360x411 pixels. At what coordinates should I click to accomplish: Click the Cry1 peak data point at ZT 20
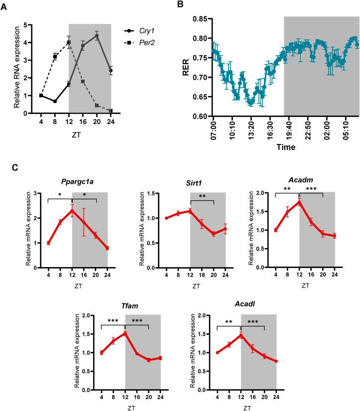pos(97,36)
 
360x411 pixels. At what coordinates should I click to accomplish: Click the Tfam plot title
pos(130,306)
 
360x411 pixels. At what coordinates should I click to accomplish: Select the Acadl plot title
pos(246,306)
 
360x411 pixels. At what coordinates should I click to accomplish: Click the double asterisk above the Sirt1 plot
pos(202,196)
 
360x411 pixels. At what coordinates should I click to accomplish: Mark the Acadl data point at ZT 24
pos(276,361)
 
